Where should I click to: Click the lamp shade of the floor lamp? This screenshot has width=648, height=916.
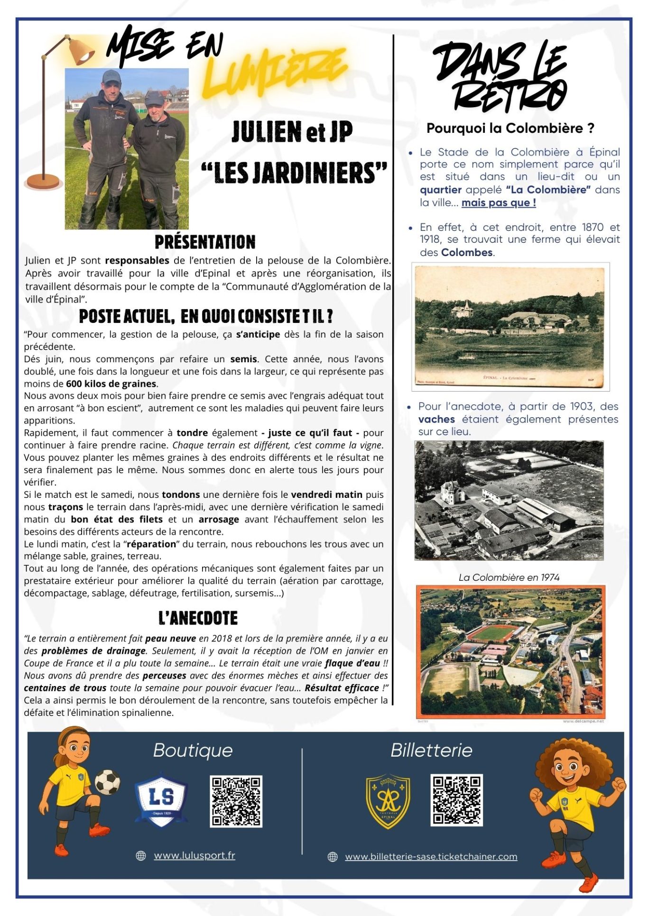[x=81, y=51]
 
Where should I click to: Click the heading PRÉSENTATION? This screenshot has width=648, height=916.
[x=205, y=242]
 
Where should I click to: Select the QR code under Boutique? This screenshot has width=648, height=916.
[x=236, y=802]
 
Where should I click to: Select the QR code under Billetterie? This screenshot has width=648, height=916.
[x=456, y=800]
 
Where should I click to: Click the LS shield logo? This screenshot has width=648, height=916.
[x=161, y=799]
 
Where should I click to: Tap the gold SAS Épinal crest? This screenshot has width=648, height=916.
[x=388, y=801]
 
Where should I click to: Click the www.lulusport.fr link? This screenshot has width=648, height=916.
[x=194, y=855]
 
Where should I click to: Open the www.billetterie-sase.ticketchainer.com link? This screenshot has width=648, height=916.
[x=431, y=856]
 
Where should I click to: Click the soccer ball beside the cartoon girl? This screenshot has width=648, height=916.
[x=108, y=781]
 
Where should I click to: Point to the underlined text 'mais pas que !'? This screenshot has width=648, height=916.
[x=499, y=202]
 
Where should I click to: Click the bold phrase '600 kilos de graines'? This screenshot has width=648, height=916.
[x=111, y=384]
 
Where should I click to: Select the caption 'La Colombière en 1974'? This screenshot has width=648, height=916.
[x=509, y=577]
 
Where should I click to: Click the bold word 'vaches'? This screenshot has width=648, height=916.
[x=436, y=419]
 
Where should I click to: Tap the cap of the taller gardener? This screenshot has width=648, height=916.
[x=111, y=76]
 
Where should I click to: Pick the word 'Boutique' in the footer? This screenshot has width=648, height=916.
[x=193, y=751]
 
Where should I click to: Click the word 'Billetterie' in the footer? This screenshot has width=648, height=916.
[x=431, y=751]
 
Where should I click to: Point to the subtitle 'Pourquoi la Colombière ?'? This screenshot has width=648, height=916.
[x=510, y=128]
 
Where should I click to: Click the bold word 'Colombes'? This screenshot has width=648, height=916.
[x=467, y=252]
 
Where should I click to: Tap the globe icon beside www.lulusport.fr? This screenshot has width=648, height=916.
[x=141, y=856]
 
